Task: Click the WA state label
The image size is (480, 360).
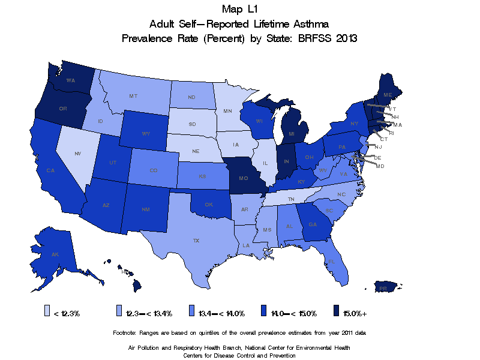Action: [70, 80]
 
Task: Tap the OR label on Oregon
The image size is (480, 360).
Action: [63, 109]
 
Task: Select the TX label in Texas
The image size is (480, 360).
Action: [196, 241]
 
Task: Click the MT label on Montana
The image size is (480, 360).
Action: [134, 96]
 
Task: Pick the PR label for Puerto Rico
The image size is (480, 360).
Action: [383, 288]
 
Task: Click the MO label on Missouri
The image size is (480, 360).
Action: [244, 179]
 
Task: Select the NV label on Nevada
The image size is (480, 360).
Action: [78, 154]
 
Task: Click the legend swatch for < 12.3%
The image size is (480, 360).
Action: [47, 311]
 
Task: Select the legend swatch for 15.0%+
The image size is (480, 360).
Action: [337, 311]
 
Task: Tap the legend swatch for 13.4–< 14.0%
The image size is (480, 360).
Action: [193, 311]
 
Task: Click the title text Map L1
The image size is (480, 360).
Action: [239, 9]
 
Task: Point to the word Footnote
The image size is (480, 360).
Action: [125, 332]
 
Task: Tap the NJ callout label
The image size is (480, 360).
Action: [379, 146]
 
